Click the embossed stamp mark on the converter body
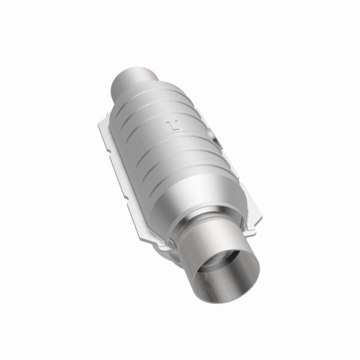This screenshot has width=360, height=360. click(173, 127)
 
